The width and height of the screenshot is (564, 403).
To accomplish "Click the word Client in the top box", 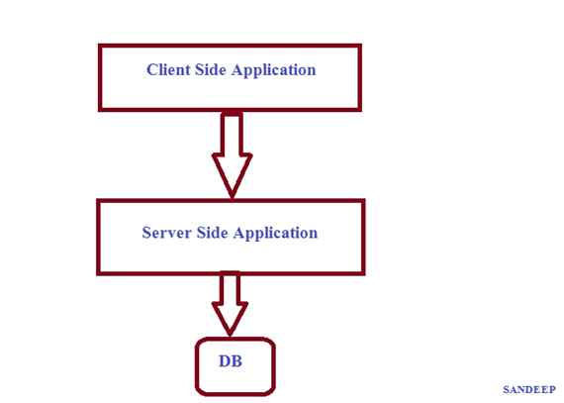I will tap(167, 70).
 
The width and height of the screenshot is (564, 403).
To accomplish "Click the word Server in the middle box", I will tap(164, 234).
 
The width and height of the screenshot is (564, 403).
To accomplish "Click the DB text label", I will tap(231, 361).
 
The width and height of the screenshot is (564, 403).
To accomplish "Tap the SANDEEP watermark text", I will tap(528, 390).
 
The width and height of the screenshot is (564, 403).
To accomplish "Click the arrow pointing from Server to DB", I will tap(230, 302).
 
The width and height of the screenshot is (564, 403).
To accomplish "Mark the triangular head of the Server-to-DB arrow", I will tap(230, 318).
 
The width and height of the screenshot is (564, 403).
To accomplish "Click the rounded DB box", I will tap(234, 367).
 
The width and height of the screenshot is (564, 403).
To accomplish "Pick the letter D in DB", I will tap(225, 361).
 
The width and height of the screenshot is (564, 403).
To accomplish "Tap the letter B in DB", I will tap(236, 361).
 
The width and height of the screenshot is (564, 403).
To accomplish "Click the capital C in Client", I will tap(151, 70).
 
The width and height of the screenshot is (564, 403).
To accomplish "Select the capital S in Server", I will tap(146, 234).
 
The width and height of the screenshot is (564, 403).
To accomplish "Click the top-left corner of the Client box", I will tap(100, 46).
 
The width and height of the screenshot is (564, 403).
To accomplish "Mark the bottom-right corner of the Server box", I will tap(363, 272).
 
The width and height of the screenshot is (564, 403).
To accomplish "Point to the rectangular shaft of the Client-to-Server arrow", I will tap(233, 133).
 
